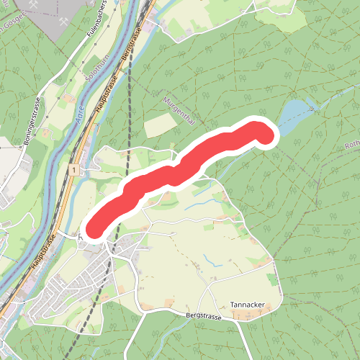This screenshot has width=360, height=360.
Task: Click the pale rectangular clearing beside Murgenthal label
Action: click(x=160, y=125)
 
